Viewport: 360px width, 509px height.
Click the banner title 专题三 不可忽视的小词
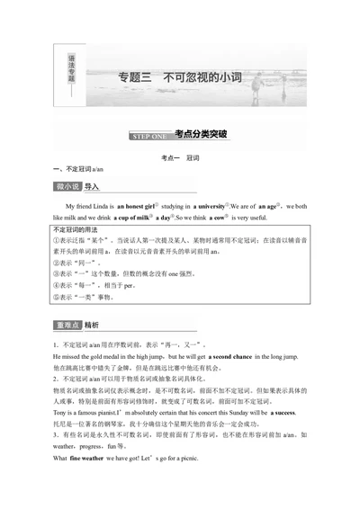coord(180,77)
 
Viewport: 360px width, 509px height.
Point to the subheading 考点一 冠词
coord(179,156)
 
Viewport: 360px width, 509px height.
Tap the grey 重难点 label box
coord(67,325)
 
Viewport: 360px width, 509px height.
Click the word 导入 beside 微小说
coord(92,187)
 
